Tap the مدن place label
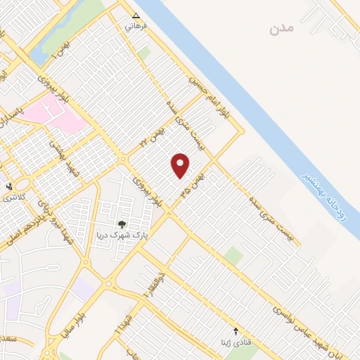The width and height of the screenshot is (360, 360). pyautogui.click(x=280, y=30)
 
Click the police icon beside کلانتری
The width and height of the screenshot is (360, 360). pyautogui.click(x=9, y=186)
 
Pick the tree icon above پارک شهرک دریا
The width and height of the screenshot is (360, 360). pyautogui.click(x=123, y=224)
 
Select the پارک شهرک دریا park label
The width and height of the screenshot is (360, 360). pyautogui.click(x=124, y=236)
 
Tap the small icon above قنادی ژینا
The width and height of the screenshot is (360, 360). pyautogui.click(x=236, y=330)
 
